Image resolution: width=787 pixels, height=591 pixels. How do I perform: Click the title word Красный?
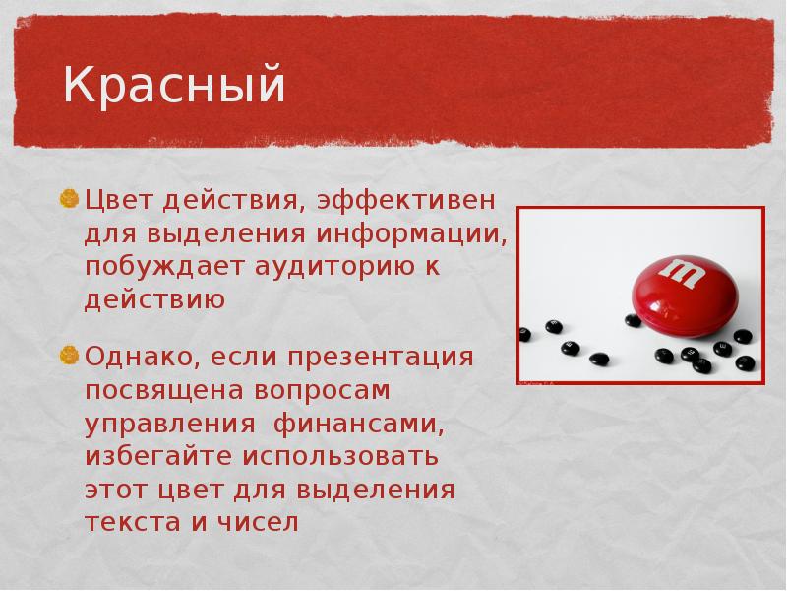pyautogui.click(x=174, y=86)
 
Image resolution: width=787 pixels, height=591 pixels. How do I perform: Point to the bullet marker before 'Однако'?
pyautogui.click(x=70, y=355)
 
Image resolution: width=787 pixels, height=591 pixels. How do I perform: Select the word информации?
pyautogui.click(x=412, y=235)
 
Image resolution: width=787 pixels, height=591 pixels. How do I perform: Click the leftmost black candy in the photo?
pyautogui.click(x=524, y=335)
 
